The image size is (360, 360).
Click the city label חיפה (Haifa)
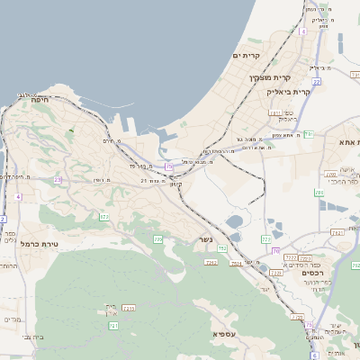(x=40, y=101)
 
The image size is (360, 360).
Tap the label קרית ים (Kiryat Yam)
(x=247, y=56)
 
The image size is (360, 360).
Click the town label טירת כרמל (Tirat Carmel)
(x=39, y=243)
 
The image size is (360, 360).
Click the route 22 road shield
(x=316, y=82)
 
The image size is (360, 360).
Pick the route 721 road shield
(x=113, y=325)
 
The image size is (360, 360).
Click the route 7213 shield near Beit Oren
(x=129, y=308)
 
